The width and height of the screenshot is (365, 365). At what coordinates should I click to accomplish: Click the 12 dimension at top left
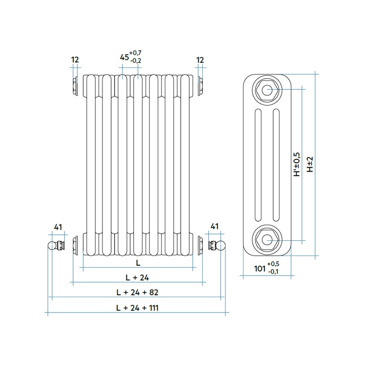coord(75,60)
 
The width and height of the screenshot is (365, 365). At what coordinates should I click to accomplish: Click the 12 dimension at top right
coord(200,60)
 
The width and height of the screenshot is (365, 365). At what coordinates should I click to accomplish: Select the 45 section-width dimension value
coord(125,57)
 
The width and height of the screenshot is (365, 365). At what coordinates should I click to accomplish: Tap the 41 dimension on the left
coord(58,226)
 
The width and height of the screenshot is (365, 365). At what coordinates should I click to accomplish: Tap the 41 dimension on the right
coord(215,226)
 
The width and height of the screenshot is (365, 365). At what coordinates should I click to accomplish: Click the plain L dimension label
coord(137,262)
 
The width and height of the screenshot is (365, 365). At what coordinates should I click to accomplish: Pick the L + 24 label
coord(137,278)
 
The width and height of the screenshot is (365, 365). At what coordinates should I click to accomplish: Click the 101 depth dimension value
coord(259,268)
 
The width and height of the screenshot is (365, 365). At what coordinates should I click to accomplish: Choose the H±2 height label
coord(310,164)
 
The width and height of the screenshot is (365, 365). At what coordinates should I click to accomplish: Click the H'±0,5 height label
coord(296,164)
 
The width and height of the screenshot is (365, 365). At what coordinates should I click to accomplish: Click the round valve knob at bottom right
coord(222,246)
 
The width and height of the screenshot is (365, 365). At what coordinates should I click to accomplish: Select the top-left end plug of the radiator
coord(76,85)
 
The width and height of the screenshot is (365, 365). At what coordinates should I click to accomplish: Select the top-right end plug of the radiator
coord(200,85)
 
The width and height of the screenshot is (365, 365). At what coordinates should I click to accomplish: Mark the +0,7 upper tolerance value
coord(136,53)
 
